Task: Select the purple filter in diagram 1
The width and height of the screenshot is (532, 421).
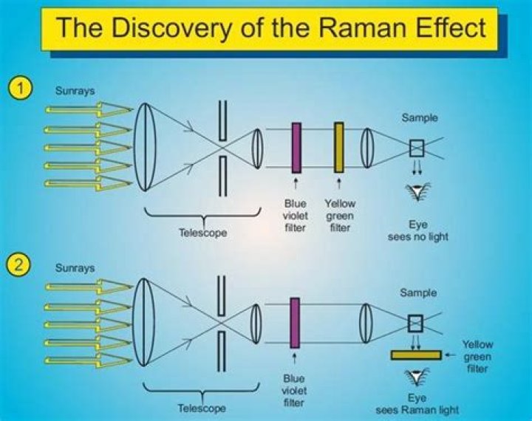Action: (x=296, y=148)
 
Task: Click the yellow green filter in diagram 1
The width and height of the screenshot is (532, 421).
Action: (x=339, y=148)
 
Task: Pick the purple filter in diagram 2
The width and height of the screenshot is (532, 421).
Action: (x=295, y=322)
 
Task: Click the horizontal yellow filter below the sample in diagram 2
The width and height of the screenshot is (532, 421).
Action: (x=415, y=355)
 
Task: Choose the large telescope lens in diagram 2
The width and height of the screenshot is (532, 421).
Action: (x=144, y=323)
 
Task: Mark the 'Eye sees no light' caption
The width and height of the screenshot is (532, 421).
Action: (x=418, y=230)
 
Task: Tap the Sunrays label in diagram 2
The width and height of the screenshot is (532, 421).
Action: (x=75, y=268)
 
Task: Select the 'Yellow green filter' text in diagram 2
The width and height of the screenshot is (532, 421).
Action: (x=477, y=356)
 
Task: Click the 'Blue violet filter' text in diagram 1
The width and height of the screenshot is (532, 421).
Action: (x=295, y=216)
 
